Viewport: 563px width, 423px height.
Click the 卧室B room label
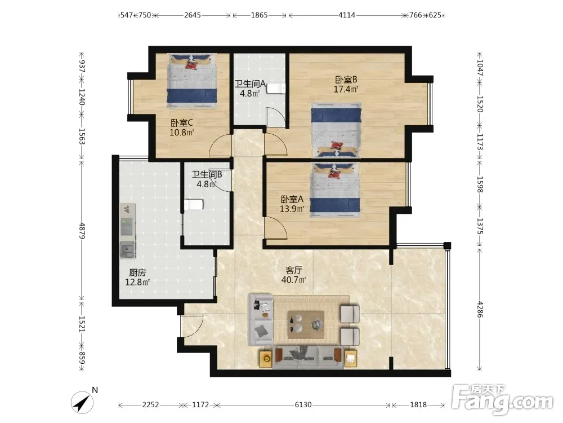pos(346,80)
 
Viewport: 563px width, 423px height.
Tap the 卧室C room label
pos(182,123)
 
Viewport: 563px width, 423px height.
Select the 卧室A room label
pos(292,199)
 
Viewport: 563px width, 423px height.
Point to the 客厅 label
pos(294,270)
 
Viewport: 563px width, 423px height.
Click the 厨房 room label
pos(137,272)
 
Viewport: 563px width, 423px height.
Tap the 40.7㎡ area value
pos(294,280)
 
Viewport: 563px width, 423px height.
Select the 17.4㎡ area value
pos(346,89)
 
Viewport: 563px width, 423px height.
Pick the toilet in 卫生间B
pos(194,205)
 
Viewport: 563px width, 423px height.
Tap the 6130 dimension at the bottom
pos(303,405)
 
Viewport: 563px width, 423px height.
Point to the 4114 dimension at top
pos(346,15)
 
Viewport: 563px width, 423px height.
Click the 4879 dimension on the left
pos(82,231)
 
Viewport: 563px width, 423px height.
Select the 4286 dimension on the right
pos(480,309)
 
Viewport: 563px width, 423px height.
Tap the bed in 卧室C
pos(193,81)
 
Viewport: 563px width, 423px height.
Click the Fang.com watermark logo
pos(502,399)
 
